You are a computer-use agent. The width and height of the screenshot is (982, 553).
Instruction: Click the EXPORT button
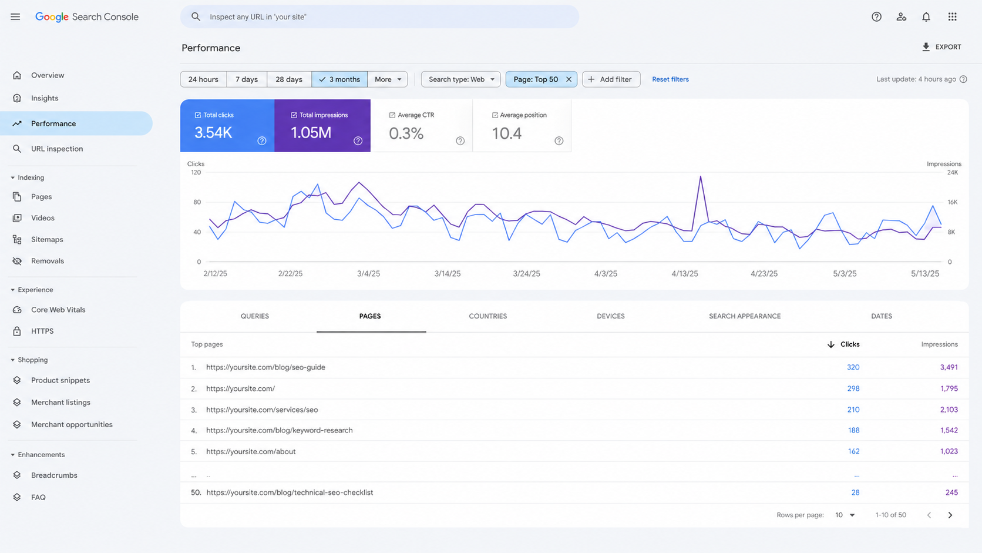941,47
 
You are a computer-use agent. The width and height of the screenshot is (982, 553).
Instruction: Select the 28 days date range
289,79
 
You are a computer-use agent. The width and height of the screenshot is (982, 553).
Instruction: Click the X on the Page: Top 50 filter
569,79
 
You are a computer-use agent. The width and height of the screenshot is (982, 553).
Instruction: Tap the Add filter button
611,79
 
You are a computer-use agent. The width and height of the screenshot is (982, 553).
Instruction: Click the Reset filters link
670,79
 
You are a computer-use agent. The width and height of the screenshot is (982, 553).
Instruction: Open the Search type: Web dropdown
460,79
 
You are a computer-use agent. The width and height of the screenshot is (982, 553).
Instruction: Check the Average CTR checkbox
392,115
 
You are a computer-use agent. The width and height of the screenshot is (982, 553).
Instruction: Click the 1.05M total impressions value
311,132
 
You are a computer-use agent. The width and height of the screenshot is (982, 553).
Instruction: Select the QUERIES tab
255,316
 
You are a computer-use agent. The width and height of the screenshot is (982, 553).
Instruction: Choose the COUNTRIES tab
488,316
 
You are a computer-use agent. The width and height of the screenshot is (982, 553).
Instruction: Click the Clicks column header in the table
850,344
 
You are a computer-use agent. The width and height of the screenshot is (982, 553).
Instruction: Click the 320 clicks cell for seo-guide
853,367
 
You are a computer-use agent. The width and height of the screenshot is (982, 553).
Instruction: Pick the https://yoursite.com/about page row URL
251,451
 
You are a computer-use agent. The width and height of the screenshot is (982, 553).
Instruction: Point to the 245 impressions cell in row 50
951,492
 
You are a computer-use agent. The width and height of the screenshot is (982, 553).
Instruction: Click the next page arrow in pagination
950,515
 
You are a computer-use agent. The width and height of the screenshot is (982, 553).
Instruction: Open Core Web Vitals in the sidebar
58,310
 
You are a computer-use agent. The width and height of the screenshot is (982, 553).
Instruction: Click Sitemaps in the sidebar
47,239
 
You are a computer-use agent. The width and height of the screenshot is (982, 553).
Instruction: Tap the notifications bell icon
926,16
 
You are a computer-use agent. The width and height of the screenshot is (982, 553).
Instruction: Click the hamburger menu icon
15,16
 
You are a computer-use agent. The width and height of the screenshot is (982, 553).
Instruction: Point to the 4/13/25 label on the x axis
685,274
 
